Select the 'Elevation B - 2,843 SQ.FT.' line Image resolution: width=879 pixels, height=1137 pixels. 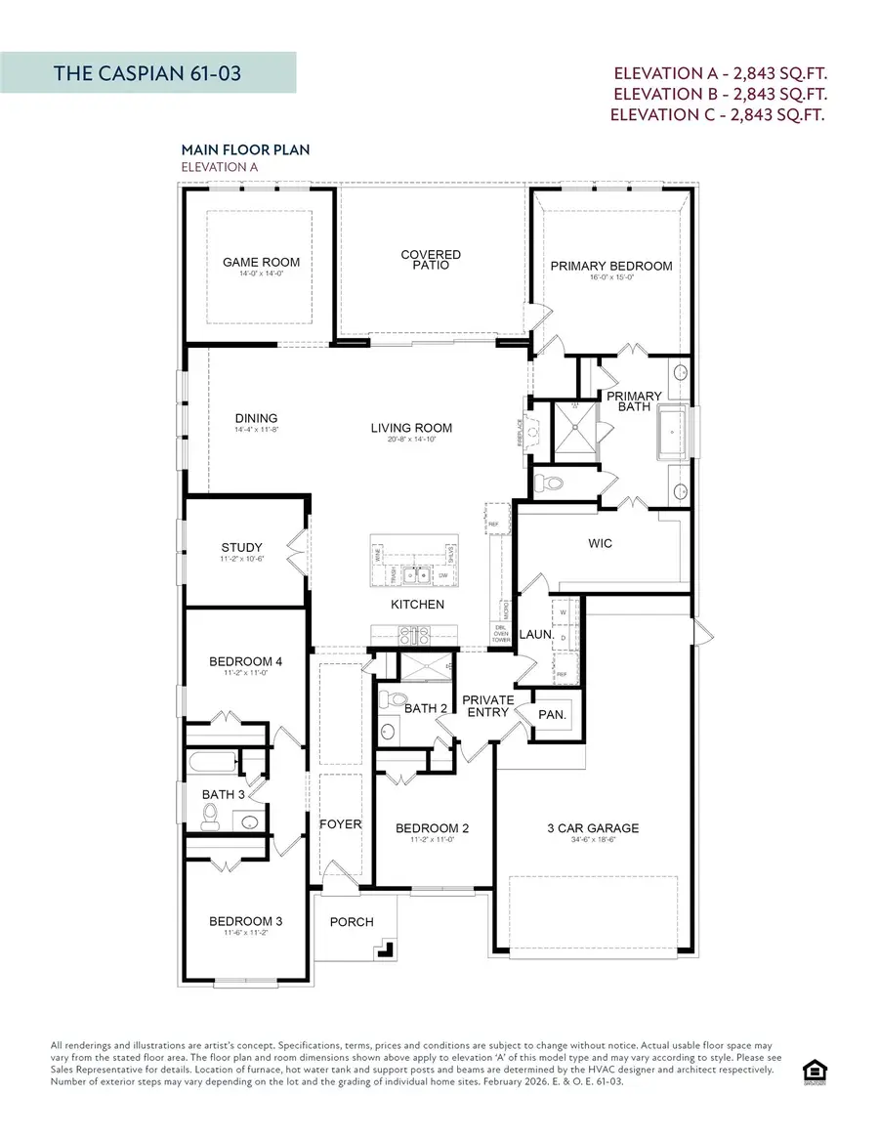[719, 94]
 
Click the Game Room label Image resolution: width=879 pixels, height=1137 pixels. [261, 262]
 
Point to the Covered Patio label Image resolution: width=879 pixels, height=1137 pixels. [431, 260]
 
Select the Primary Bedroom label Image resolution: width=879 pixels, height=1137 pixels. [611, 266]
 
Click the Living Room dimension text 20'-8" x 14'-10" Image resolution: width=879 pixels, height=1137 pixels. [411, 440]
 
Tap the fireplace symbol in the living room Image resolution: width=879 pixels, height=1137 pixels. [529, 429]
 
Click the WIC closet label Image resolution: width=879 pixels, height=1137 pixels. [601, 543]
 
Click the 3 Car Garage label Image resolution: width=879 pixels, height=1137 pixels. [593, 828]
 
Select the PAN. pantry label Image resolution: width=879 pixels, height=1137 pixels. [552, 715]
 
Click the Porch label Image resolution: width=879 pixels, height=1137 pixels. [352, 921]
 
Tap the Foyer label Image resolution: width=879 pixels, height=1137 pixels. [341, 823]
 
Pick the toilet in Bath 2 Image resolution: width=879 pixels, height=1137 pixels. [394, 699]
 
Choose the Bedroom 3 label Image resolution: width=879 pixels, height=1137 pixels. [245, 921]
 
